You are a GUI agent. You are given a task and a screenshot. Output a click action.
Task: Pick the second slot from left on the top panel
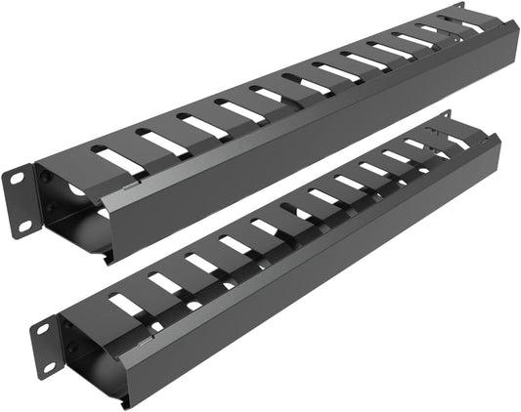coord(160,144)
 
